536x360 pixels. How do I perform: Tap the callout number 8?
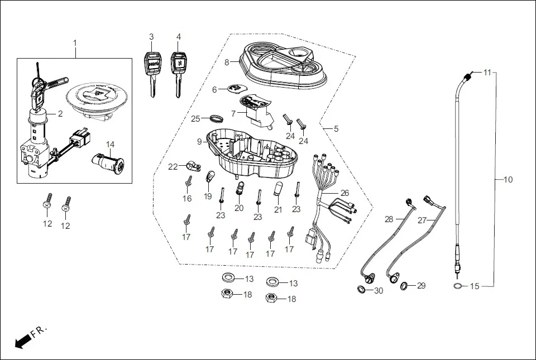pos(227,63)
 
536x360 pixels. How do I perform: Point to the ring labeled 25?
pos(216,118)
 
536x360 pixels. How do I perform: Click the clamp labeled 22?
pos(192,166)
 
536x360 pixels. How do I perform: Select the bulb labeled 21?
pos(278,189)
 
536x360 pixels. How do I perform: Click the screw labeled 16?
pos(189,181)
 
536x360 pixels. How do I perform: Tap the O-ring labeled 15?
pos(457,286)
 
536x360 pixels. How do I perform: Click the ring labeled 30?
pos(362,289)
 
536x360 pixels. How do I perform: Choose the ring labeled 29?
pos(404,287)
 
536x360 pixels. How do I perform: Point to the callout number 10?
pos(508,180)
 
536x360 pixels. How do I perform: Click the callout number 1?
pos(75,43)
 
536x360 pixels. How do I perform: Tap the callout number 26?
pos(344,193)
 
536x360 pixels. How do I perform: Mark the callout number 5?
pos(336,129)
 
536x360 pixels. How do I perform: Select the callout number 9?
pos(199,142)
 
